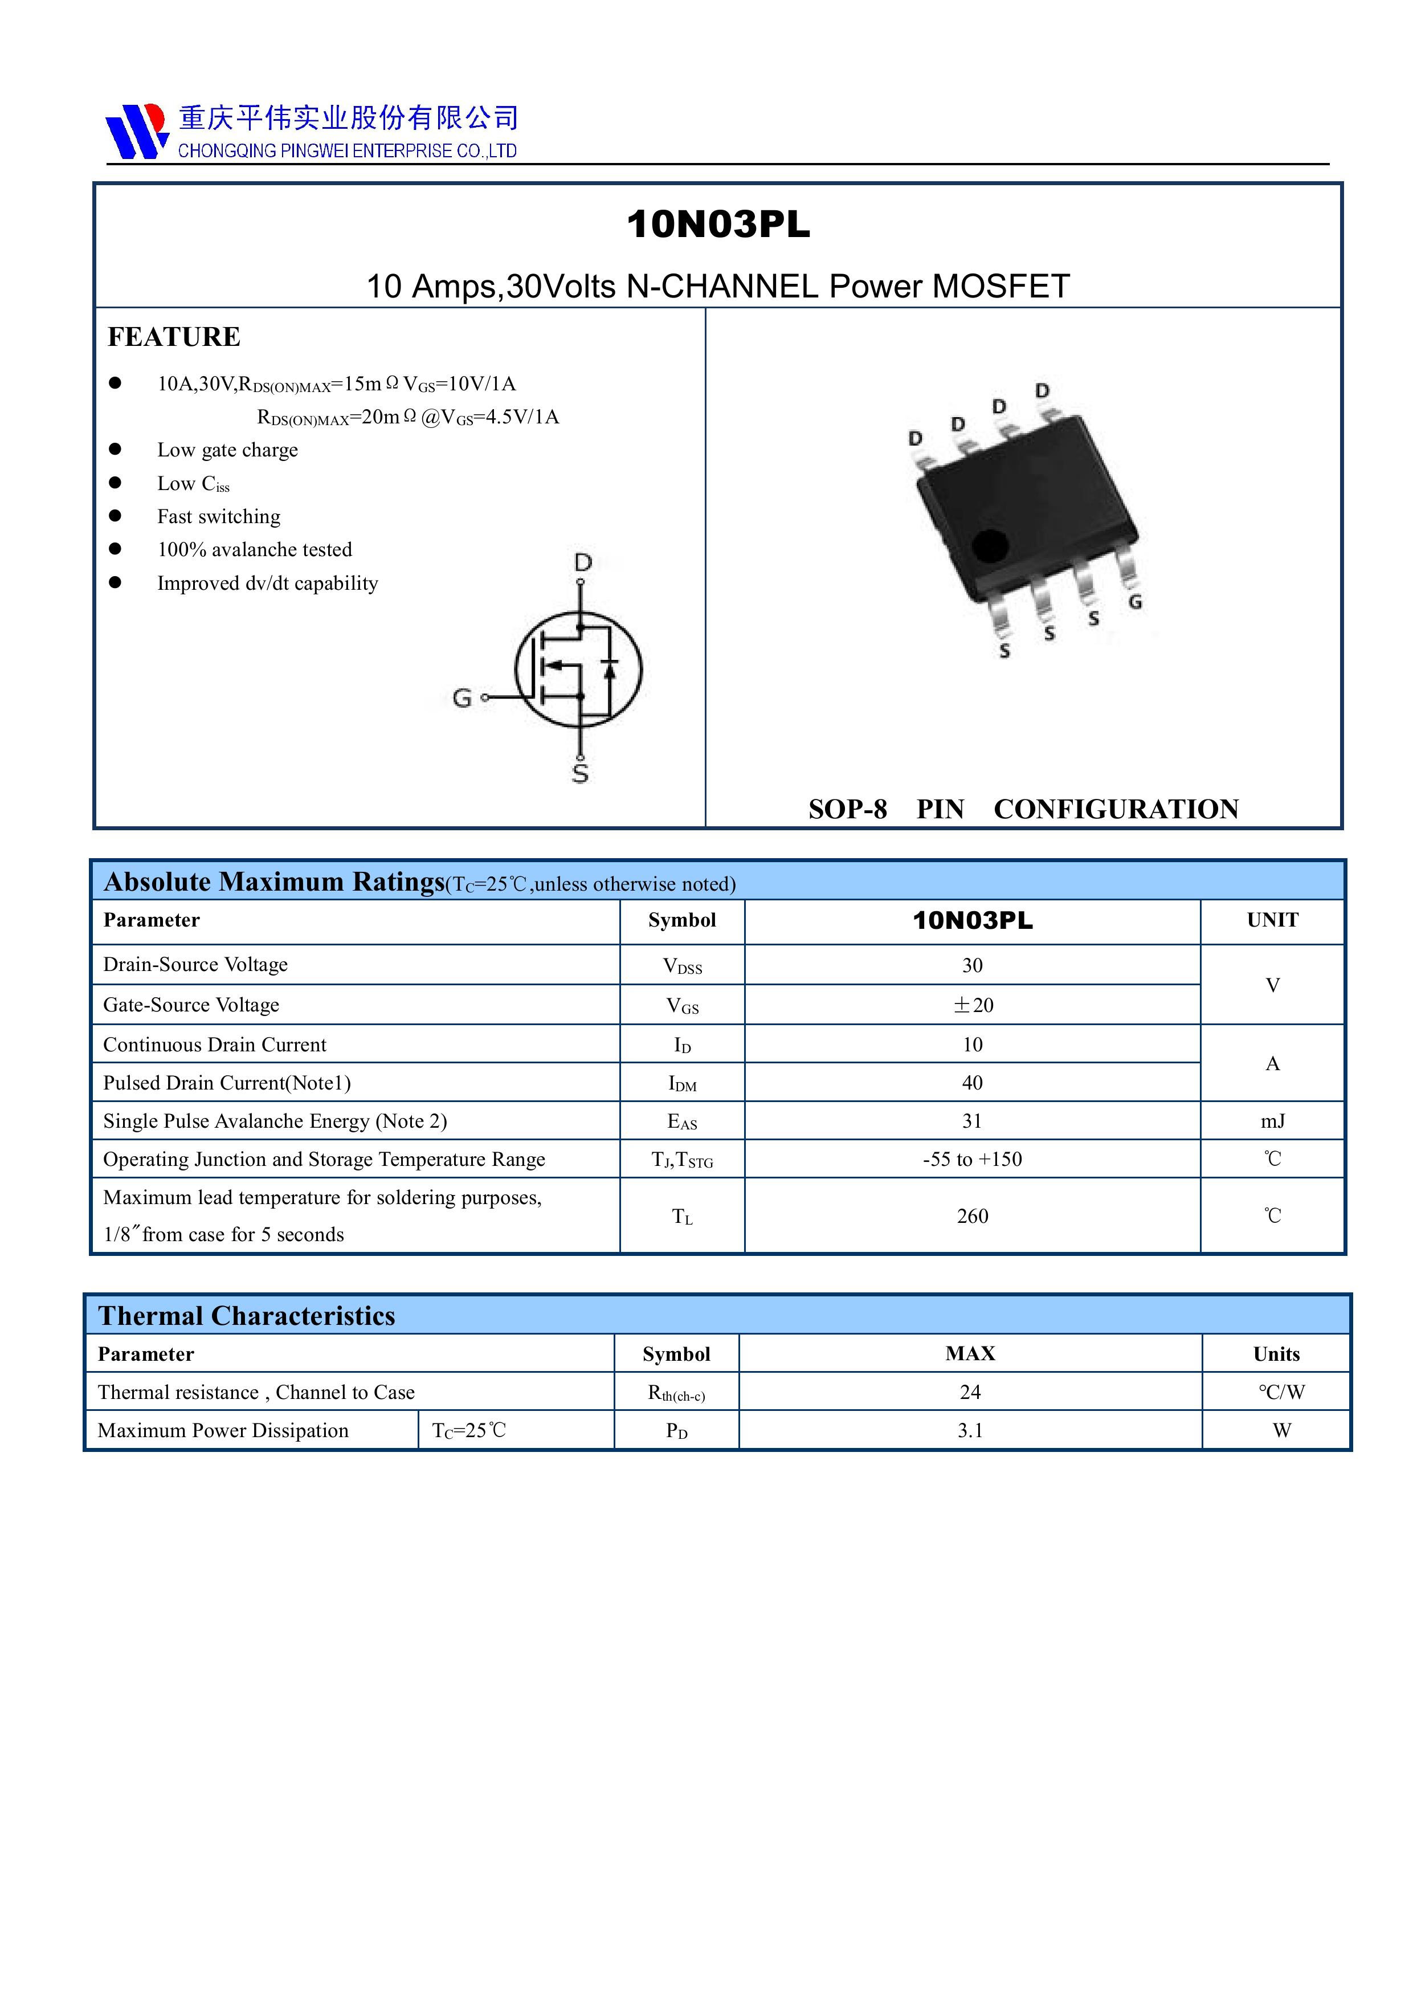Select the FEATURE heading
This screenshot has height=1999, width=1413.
(x=174, y=337)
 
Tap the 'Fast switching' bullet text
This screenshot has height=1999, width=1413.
(x=219, y=516)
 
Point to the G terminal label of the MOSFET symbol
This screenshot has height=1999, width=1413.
(x=462, y=697)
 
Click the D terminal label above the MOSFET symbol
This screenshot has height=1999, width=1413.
(x=582, y=562)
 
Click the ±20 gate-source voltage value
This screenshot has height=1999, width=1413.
(x=973, y=1005)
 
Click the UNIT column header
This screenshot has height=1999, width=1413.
(x=1272, y=920)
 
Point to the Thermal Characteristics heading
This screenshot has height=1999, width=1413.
(x=246, y=1316)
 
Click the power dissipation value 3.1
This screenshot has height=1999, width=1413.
(x=970, y=1430)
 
